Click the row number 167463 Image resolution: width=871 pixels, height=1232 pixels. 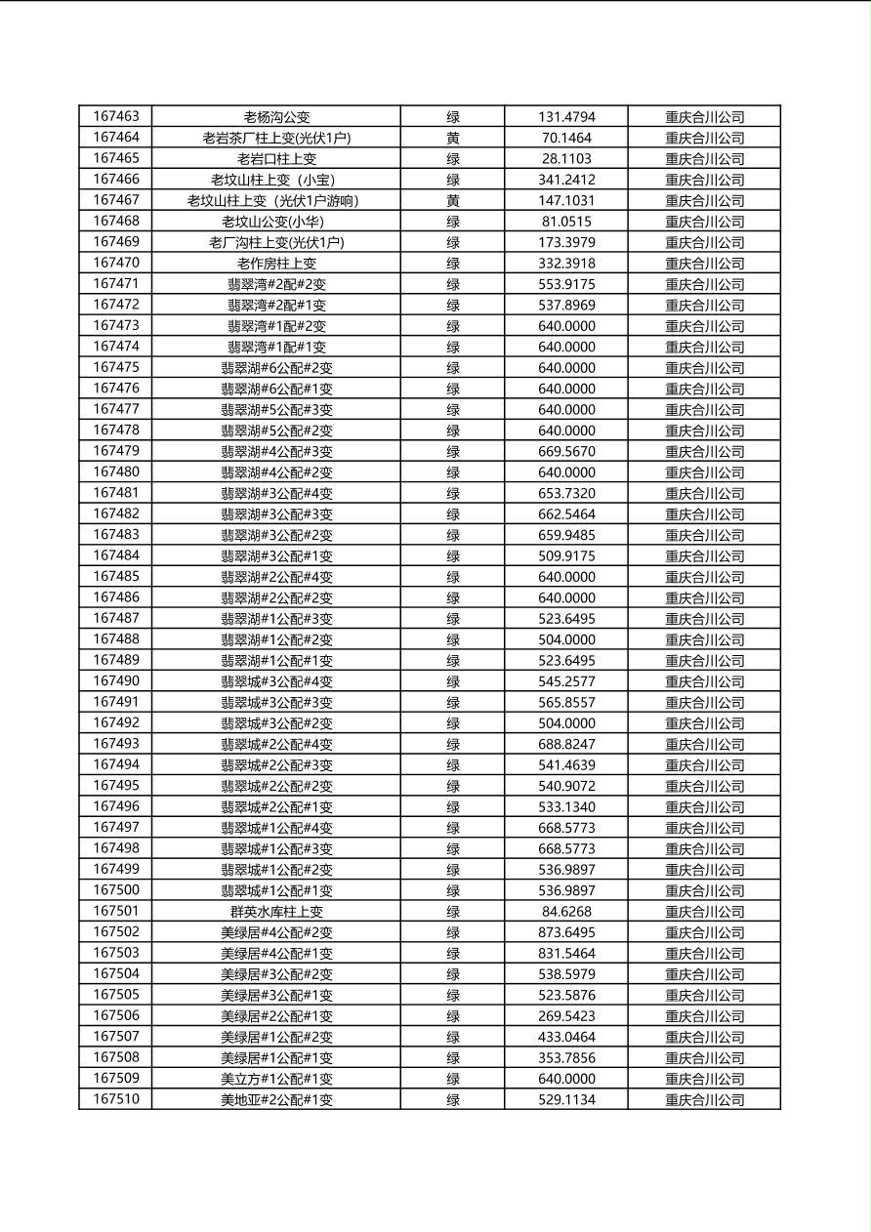(115, 117)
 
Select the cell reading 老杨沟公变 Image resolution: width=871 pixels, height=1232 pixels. (276, 117)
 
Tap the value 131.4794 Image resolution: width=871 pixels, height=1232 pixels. (566, 117)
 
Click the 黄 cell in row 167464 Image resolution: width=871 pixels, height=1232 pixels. (453, 138)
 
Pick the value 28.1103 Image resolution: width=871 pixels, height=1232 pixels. (566, 158)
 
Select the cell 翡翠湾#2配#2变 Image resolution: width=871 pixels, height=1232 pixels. (276, 284)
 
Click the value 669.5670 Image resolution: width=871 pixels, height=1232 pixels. (566, 451)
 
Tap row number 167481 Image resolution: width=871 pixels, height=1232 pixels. (115, 493)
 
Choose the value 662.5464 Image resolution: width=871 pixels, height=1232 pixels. (566, 513)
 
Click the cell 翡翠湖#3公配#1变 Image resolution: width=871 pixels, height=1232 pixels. (276, 555)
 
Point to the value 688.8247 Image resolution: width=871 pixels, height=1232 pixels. (566, 744)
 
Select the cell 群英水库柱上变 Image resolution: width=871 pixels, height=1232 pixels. (276, 912)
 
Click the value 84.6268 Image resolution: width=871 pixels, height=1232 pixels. (566, 912)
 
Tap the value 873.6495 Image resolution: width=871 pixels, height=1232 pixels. (566, 932)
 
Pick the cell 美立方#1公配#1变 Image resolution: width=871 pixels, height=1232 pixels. (276, 1079)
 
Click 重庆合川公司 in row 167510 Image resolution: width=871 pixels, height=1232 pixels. (704, 1100)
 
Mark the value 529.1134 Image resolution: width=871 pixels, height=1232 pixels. (566, 1100)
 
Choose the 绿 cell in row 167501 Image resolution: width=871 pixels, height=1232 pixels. (453, 912)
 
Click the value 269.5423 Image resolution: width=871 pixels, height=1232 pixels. (566, 1016)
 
